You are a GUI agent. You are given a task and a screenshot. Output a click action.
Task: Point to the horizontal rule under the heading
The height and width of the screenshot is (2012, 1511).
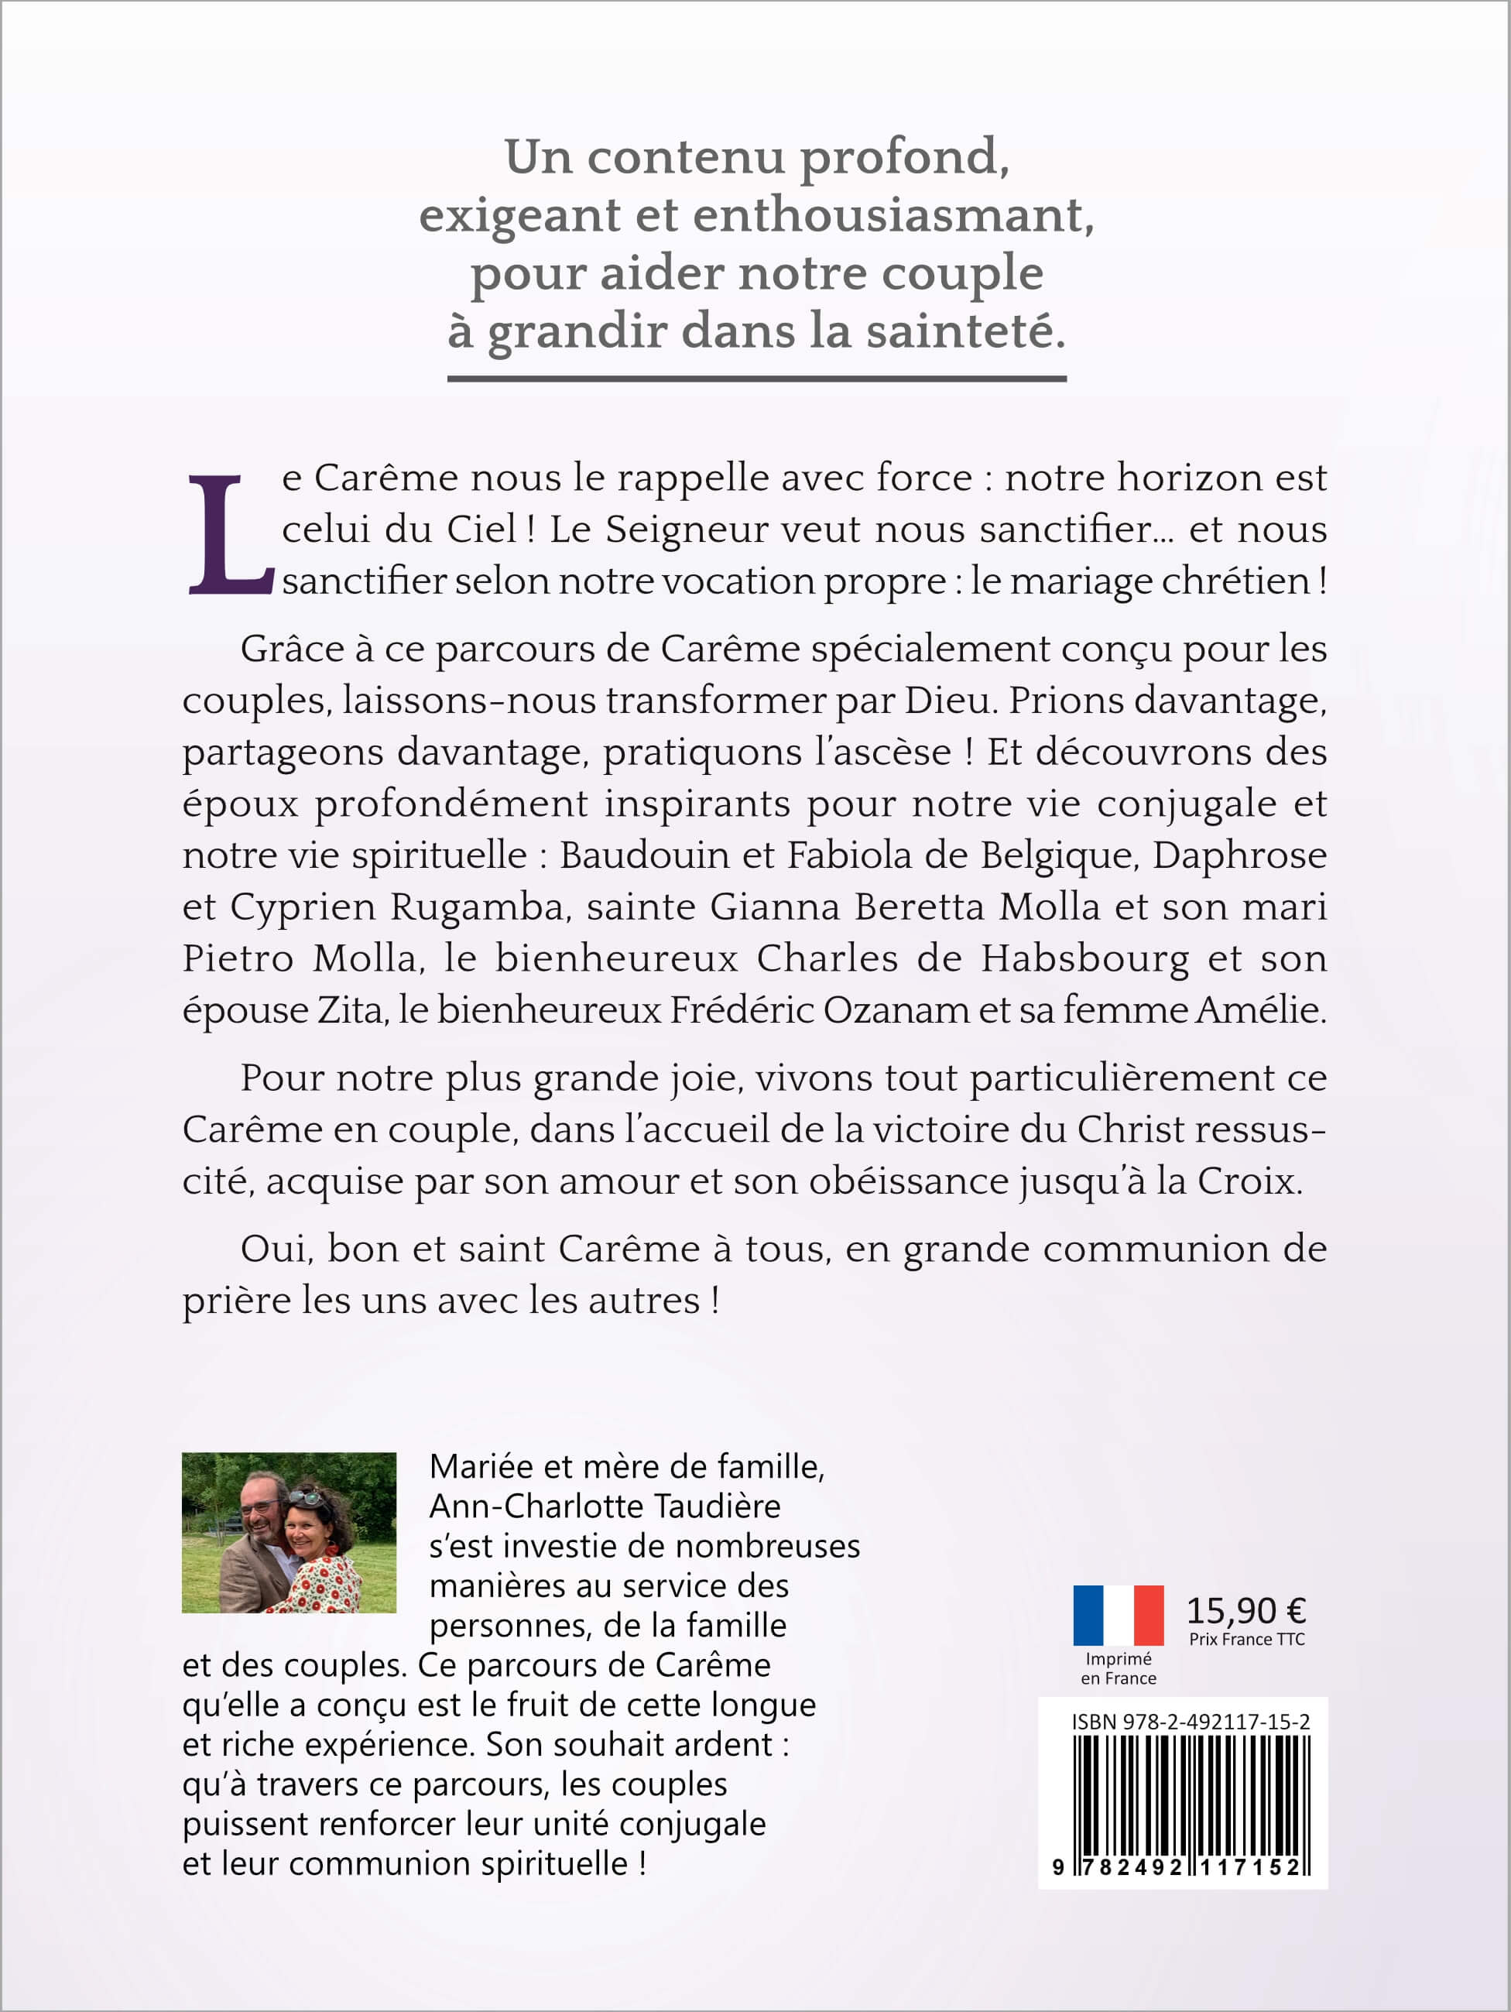(756, 379)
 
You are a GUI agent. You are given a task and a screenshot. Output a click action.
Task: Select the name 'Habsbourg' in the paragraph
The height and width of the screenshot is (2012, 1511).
(1084, 958)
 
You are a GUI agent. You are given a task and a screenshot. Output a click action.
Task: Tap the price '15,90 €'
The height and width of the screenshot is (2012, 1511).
(1245, 1611)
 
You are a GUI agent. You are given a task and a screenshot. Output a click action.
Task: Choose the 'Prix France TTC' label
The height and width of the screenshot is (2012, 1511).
(1246, 1639)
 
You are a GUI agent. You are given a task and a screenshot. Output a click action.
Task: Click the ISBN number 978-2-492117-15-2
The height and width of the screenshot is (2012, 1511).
(1190, 1722)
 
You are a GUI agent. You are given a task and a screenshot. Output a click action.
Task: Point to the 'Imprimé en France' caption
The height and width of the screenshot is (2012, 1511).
(1118, 1668)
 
